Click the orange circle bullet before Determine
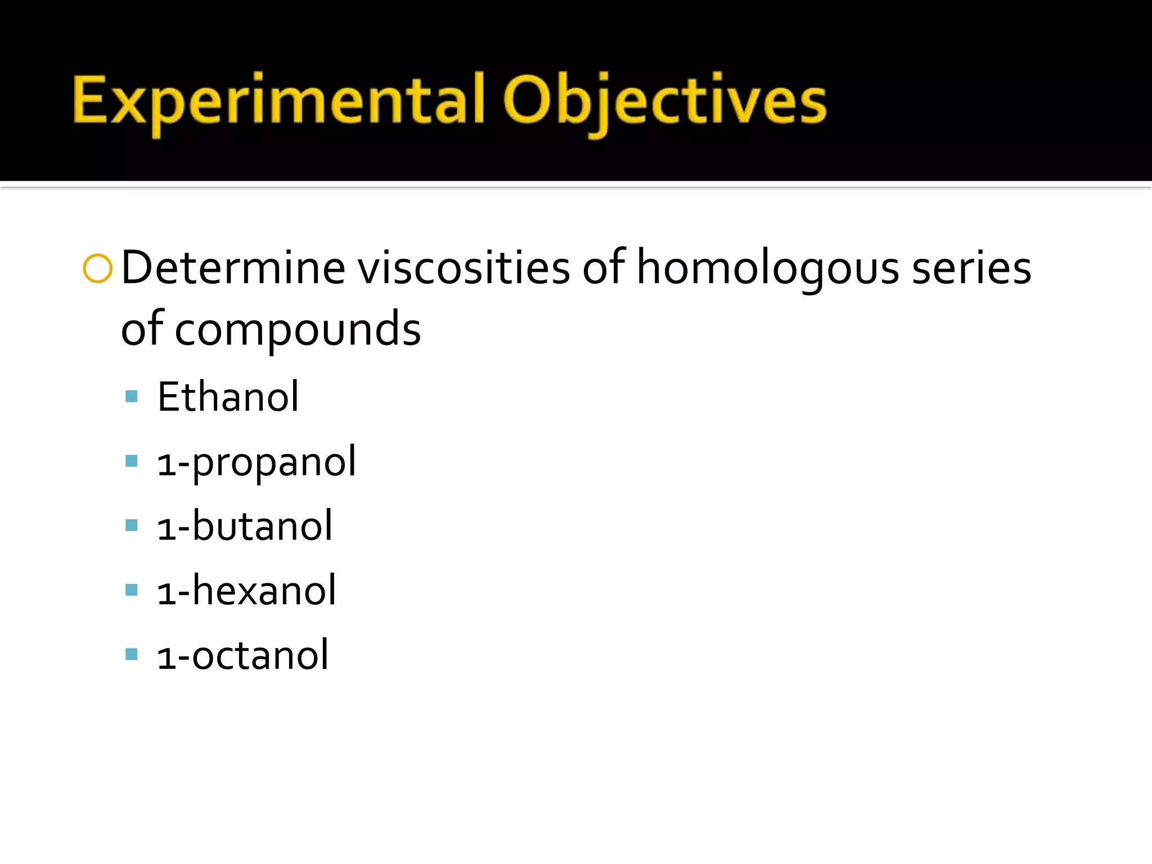(x=97, y=268)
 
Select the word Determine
(x=233, y=268)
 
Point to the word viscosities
(x=464, y=268)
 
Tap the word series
(x=971, y=268)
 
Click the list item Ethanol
(x=228, y=397)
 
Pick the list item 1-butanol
(x=245, y=526)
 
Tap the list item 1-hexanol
(x=246, y=591)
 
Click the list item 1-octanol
(x=242, y=656)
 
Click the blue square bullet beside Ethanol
(x=132, y=397)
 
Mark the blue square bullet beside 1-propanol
(x=132, y=461)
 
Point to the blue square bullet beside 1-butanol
(x=132, y=525)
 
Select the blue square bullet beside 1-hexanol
(x=132, y=590)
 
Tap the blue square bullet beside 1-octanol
(x=132, y=654)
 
